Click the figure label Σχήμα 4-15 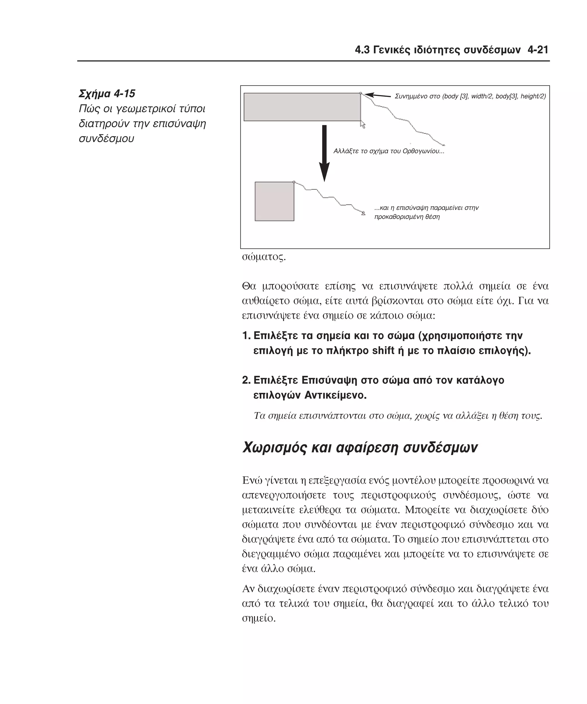[x=107, y=94]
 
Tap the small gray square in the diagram [x=274, y=201]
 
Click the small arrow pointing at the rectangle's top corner [x=377, y=96]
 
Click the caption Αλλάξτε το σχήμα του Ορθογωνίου [x=388, y=151]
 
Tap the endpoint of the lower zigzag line [x=363, y=213]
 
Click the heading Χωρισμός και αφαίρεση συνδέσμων [x=360, y=447]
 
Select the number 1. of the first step [x=246, y=336]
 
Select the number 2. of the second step [x=246, y=380]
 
